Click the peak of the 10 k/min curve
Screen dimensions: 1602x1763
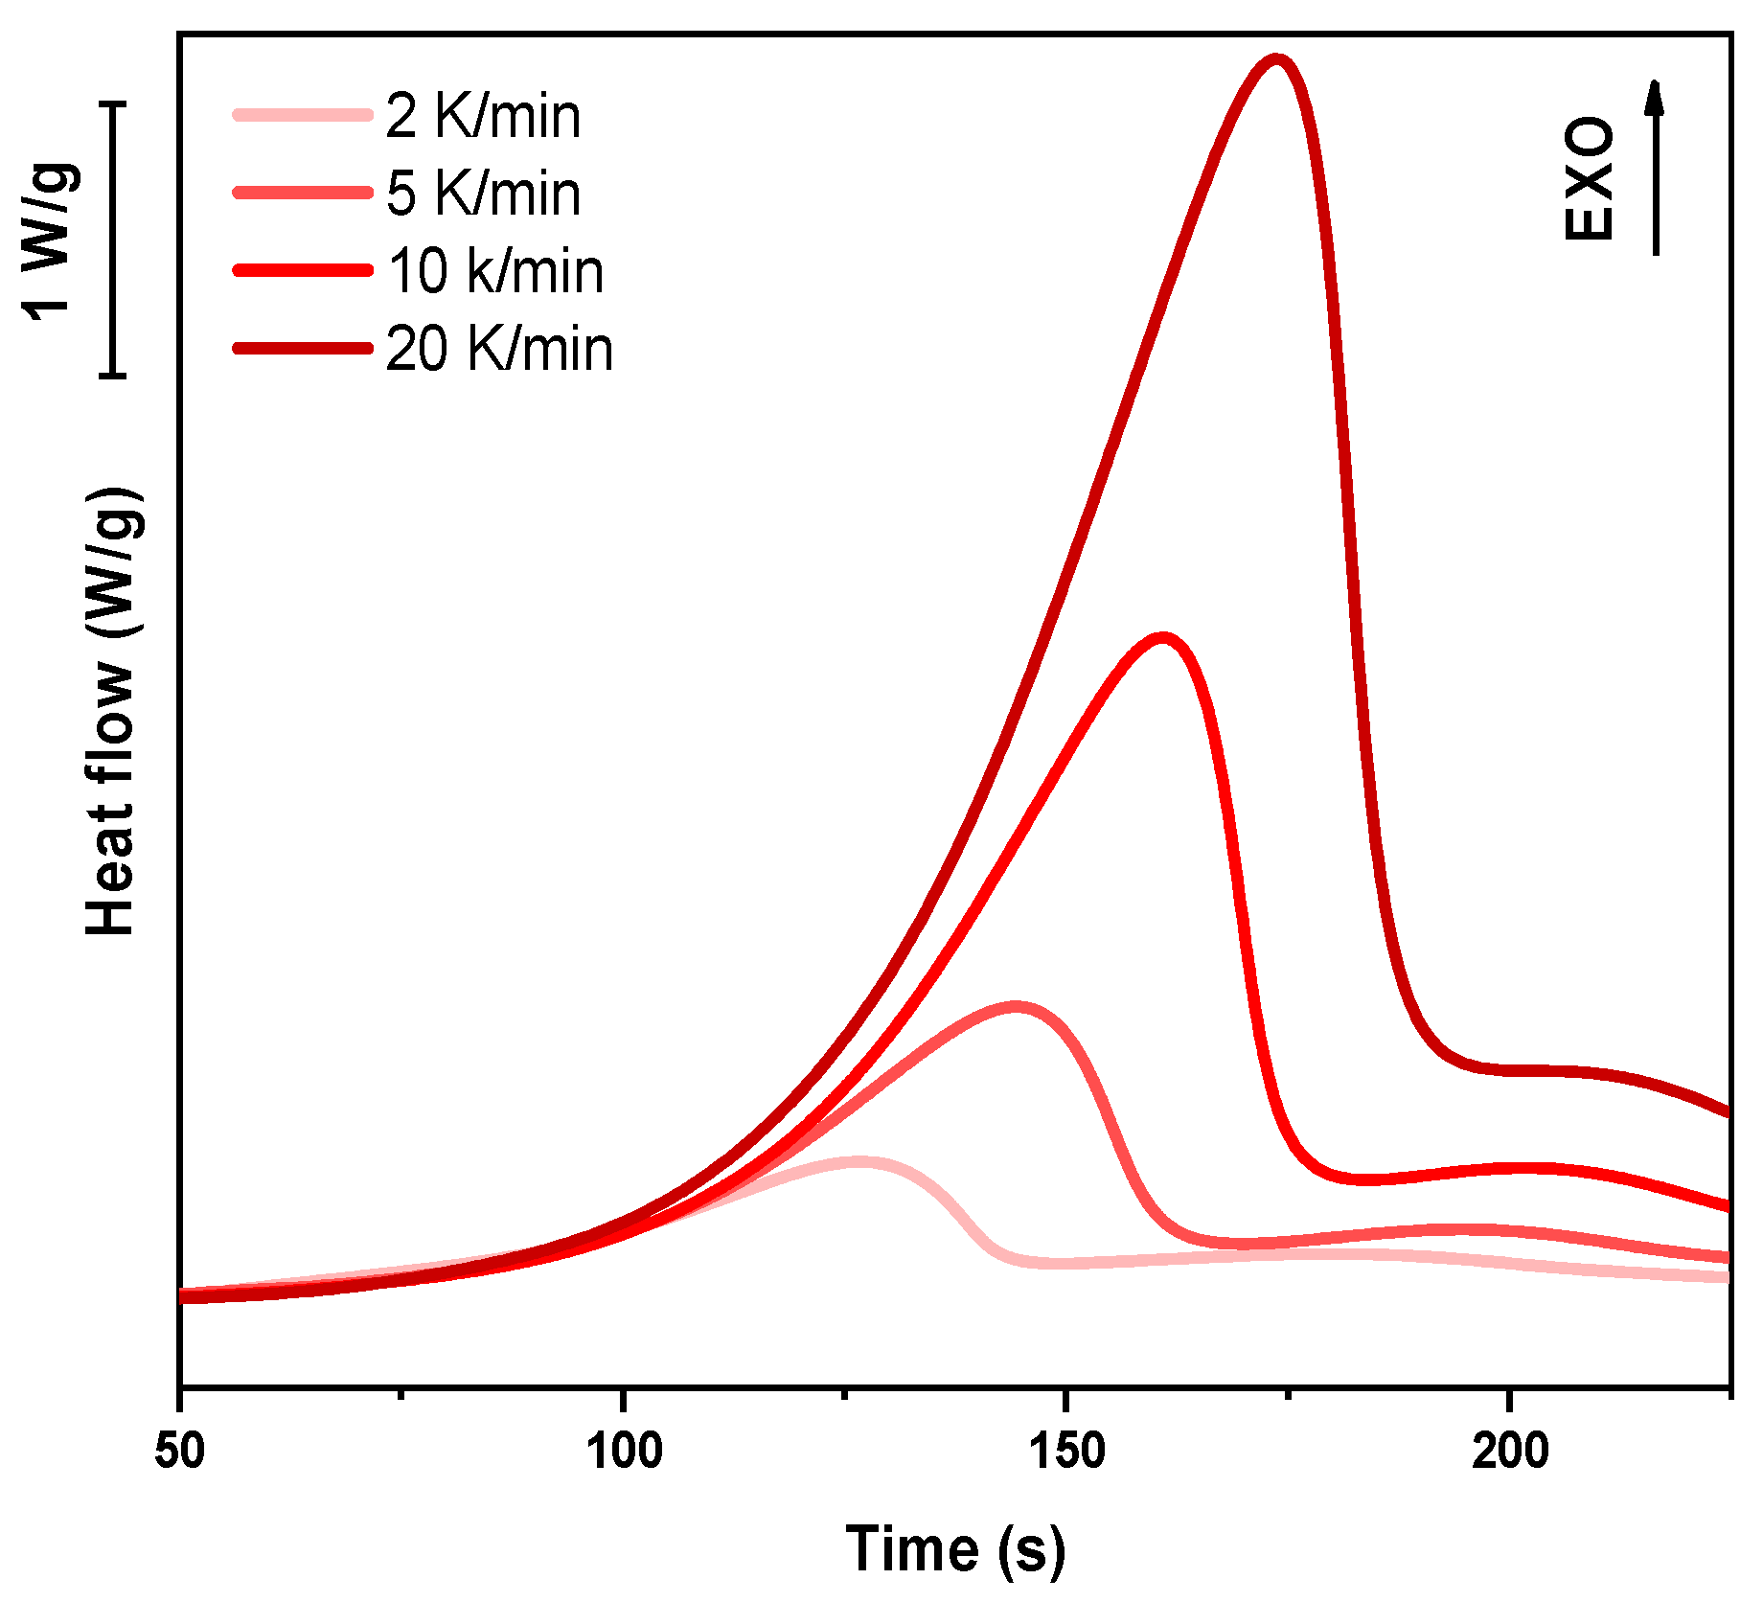coord(1162,638)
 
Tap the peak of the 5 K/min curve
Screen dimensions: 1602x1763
coord(1016,1007)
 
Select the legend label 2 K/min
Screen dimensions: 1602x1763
coord(483,116)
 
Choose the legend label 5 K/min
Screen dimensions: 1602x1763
coord(483,194)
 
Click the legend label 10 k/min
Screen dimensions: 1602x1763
coord(495,271)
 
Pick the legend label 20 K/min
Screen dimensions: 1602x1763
coord(499,349)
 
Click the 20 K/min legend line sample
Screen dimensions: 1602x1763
coord(303,348)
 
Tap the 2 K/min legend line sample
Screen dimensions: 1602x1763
coord(303,115)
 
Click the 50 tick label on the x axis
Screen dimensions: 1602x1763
coord(180,1452)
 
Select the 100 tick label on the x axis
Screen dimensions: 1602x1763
coord(624,1452)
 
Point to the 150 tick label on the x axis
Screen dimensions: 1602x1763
coord(1066,1452)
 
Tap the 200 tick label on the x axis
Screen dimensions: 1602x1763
coord(1510,1452)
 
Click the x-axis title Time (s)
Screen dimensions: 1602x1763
coord(955,1550)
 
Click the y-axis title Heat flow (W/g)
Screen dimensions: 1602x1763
coord(112,711)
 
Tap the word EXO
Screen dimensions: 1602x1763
coord(1589,179)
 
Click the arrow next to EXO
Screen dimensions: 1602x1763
coord(1655,168)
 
